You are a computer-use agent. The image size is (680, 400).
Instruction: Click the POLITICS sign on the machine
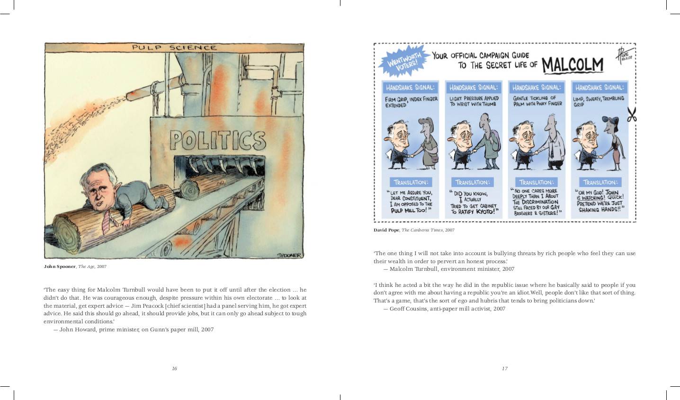point(217,140)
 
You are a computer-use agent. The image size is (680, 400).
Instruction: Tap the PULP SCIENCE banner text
point(174,47)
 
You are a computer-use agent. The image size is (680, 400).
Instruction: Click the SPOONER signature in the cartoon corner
point(289,255)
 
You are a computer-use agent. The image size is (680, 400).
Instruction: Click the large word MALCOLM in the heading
point(573,65)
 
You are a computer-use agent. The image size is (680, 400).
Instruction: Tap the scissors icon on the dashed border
point(632,115)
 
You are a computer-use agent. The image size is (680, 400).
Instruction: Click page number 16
point(174,368)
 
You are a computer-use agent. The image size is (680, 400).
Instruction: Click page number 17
point(504,368)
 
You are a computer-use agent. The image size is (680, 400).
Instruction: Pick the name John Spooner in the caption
point(60,267)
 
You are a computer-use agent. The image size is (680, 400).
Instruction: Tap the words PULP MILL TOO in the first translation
point(411,210)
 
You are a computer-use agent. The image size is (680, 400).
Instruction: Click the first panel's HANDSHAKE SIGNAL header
point(410,88)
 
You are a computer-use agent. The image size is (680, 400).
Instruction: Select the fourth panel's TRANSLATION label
point(600,182)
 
